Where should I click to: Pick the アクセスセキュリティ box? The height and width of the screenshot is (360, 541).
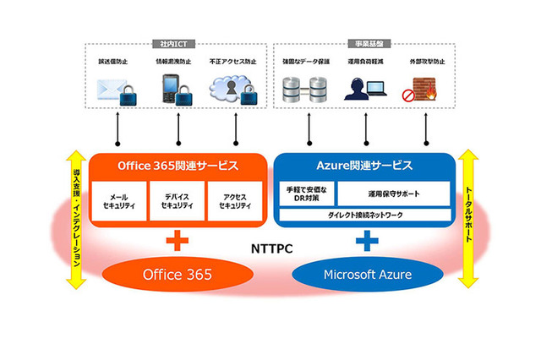(234, 201)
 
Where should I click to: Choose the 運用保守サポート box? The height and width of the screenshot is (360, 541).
(393, 194)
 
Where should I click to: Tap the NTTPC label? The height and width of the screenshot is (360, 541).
(270, 250)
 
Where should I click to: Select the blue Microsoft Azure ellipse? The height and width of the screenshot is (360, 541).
(365, 275)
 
